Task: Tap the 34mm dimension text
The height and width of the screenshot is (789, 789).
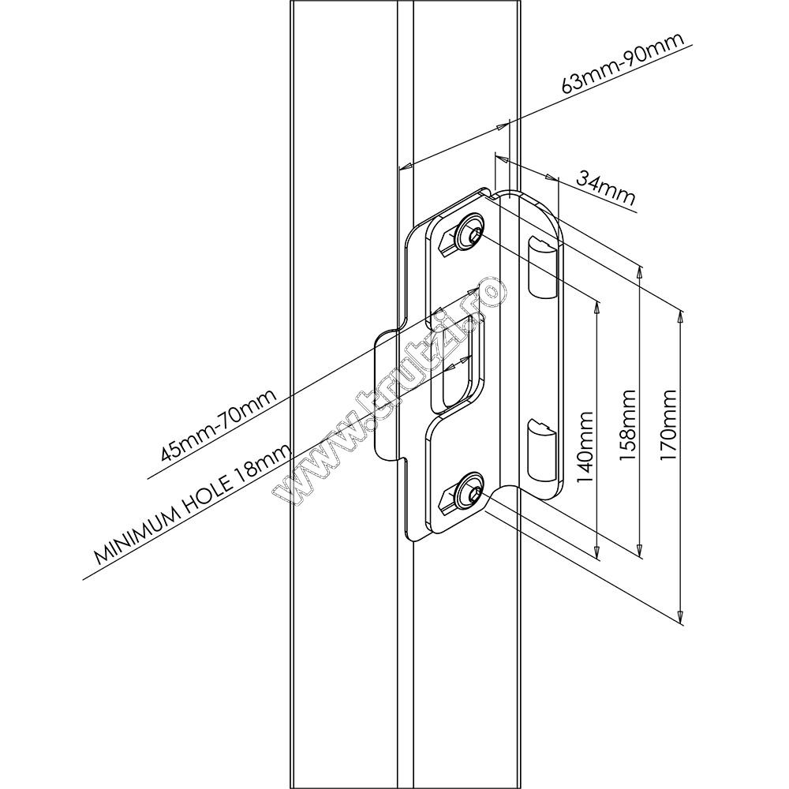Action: click(x=606, y=189)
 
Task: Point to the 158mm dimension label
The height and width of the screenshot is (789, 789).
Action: click(x=627, y=425)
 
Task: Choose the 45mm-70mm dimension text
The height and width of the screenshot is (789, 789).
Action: click(x=218, y=426)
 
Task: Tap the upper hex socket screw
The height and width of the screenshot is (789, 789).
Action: click(x=469, y=230)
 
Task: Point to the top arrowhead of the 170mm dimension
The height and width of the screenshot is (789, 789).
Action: click(x=680, y=318)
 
